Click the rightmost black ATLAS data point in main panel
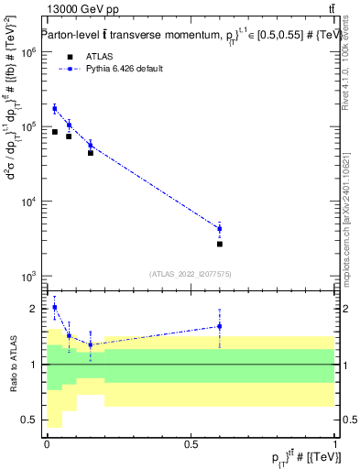[x=220, y=244]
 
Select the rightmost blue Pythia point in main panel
[x=220, y=228]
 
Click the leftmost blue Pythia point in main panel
[x=55, y=109]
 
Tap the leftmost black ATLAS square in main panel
[x=55, y=132]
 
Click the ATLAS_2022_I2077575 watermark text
[x=190, y=273]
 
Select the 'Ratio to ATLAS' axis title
[x=11, y=365]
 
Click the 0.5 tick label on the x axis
[x=191, y=443]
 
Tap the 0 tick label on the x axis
[x=47, y=443]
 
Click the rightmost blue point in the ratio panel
[x=220, y=326]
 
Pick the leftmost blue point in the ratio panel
[x=55, y=308]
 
